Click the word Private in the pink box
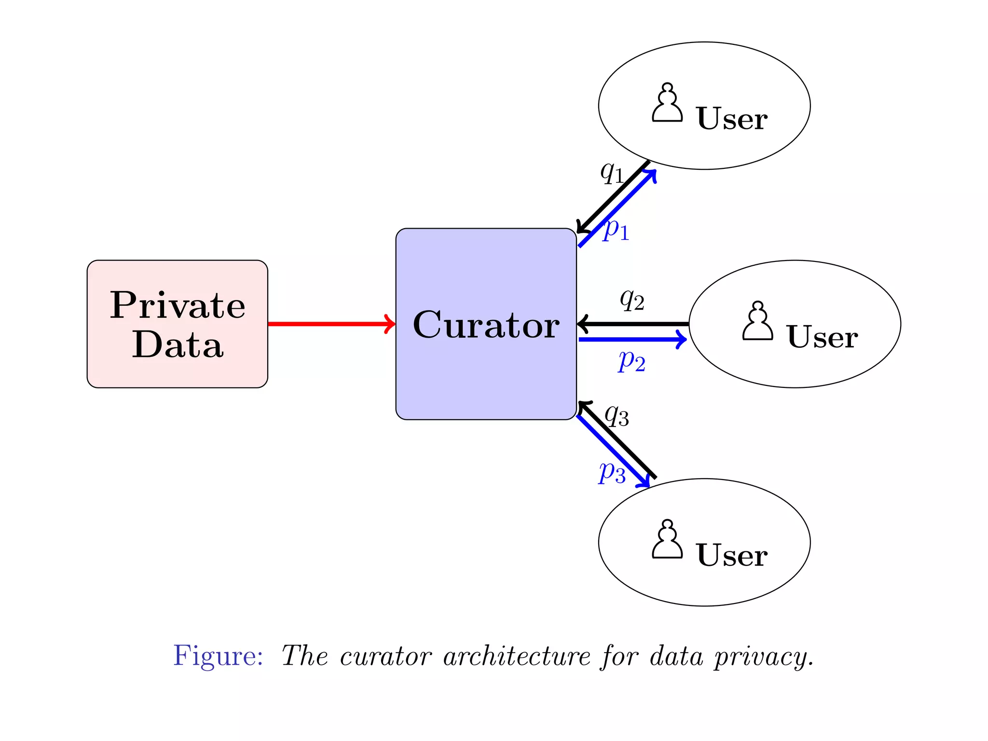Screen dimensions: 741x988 tap(178, 305)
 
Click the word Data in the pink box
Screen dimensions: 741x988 tap(178, 345)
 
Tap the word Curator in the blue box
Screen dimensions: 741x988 tap(486, 325)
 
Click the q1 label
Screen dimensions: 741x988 tap(612, 172)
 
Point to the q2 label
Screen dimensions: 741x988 tap(632, 300)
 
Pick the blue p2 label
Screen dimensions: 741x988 tap(632, 361)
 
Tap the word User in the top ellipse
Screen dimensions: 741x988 tap(731, 119)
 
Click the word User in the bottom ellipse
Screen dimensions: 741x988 tap(731, 555)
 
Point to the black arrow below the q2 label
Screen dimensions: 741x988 tap(633, 324)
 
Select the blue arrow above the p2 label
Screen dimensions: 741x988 tap(632, 340)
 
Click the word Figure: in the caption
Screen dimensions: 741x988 tap(218, 656)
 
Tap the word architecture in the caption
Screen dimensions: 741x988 tap(517, 657)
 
